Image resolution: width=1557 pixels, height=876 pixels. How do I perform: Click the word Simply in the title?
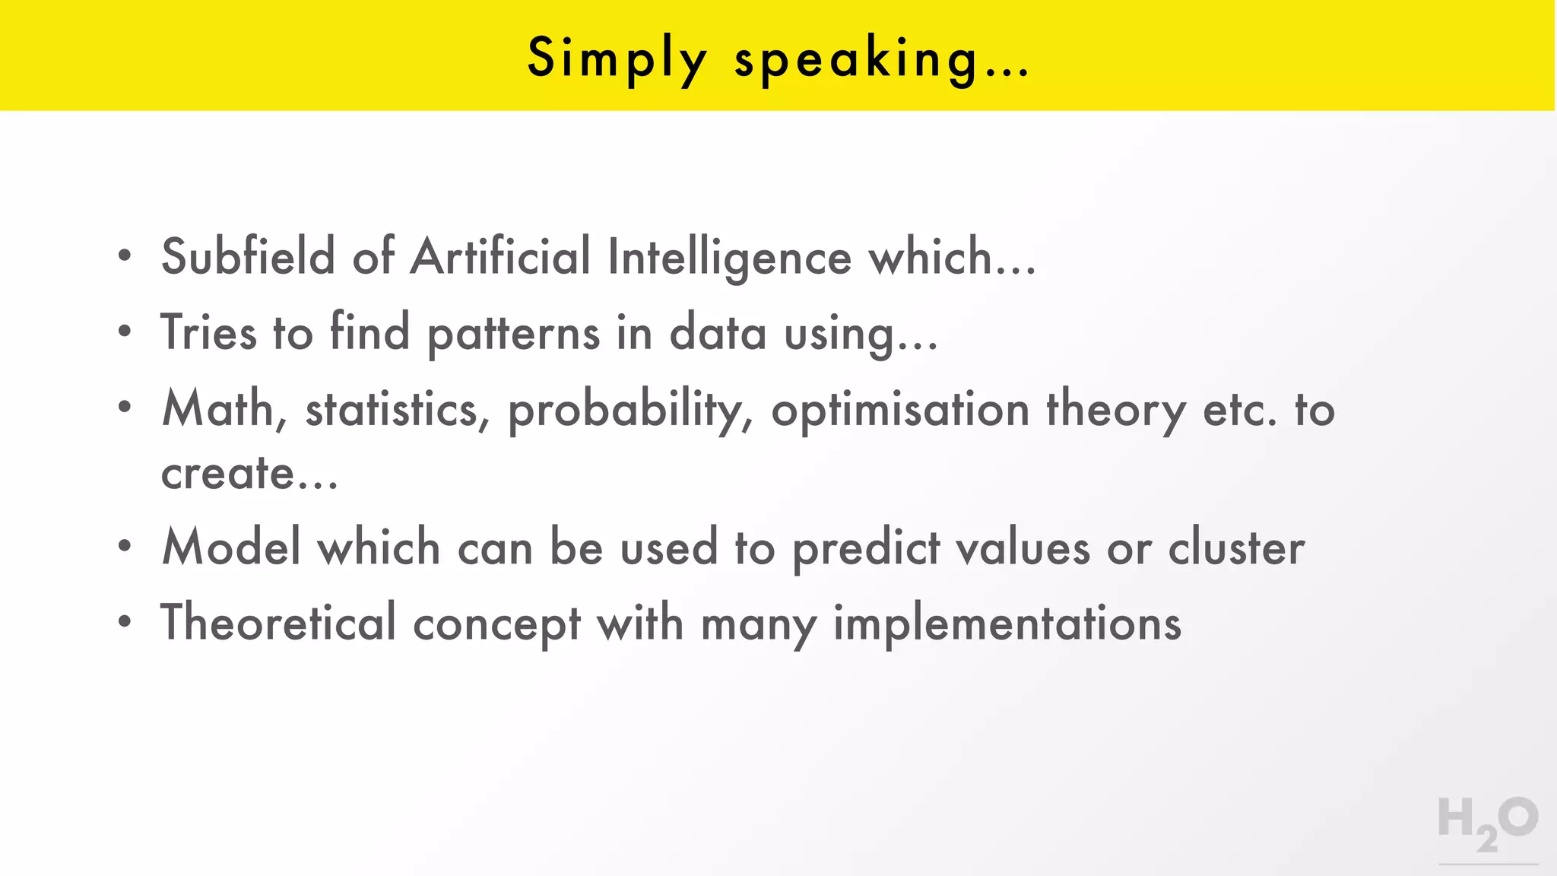pyautogui.click(x=617, y=59)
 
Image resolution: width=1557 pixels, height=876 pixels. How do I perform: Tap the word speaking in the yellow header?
pyautogui.click(x=856, y=59)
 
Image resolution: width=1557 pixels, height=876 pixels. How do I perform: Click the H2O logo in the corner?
pyautogui.click(x=1488, y=824)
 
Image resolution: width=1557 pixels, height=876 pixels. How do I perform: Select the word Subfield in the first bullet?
pyautogui.click(x=248, y=256)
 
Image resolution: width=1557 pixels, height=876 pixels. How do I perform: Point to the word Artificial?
pyautogui.click(x=500, y=256)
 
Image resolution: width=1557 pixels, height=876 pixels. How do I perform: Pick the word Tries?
pyautogui.click(x=208, y=332)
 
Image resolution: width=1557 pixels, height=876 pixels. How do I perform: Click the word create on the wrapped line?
pyautogui.click(x=227, y=474)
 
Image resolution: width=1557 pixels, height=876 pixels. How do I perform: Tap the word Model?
pyautogui.click(x=231, y=547)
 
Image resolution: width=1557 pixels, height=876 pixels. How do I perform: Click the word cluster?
pyautogui.click(x=1236, y=547)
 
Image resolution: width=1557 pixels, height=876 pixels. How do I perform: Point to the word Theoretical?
pyautogui.click(x=278, y=623)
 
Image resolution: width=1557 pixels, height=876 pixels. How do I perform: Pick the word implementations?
pyautogui.click(x=1007, y=624)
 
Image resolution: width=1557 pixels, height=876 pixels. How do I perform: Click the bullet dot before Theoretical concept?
pyautogui.click(x=125, y=622)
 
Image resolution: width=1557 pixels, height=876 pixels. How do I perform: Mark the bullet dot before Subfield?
pyautogui.click(x=125, y=256)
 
